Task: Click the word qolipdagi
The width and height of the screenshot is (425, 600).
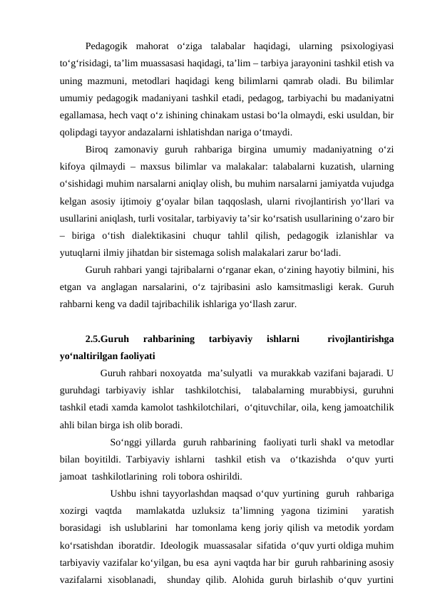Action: [79, 133]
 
